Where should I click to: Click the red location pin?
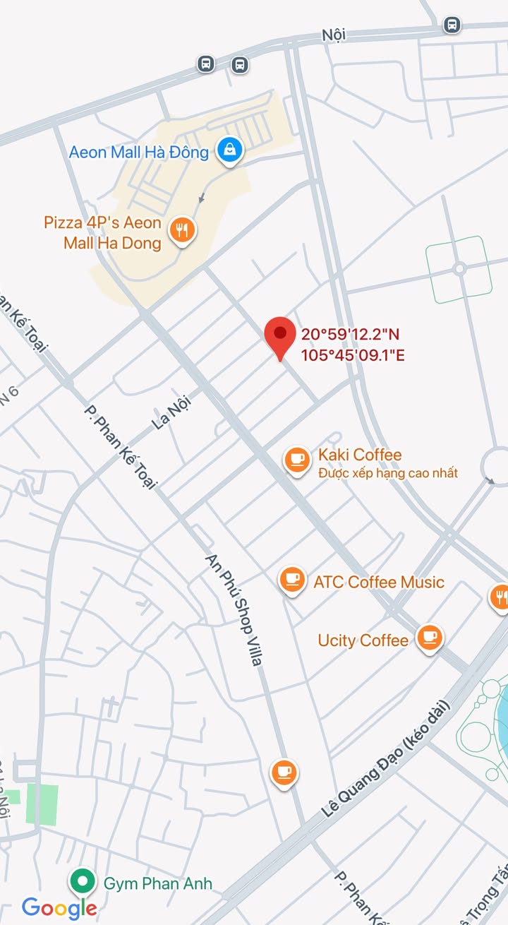click(x=280, y=335)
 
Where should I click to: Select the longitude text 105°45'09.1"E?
click(x=353, y=355)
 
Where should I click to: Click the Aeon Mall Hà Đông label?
click(x=138, y=152)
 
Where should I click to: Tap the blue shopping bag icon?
click(x=229, y=150)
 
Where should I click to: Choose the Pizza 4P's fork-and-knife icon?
click(x=183, y=230)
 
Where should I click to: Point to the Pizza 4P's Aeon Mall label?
click(x=103, y=233)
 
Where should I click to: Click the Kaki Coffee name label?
click(x=360, y=455)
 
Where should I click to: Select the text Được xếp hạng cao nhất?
click(x=387, y=473)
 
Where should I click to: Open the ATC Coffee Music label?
click(x=379, y=583)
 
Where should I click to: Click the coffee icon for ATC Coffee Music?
click(x=291, y=580)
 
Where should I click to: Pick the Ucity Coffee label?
click(x=363, y=640)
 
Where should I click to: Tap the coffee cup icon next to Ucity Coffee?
click(x=429, y=638)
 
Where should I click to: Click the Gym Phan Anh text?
click(x=157, y=883)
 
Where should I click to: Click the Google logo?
click(x=59, y=908)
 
